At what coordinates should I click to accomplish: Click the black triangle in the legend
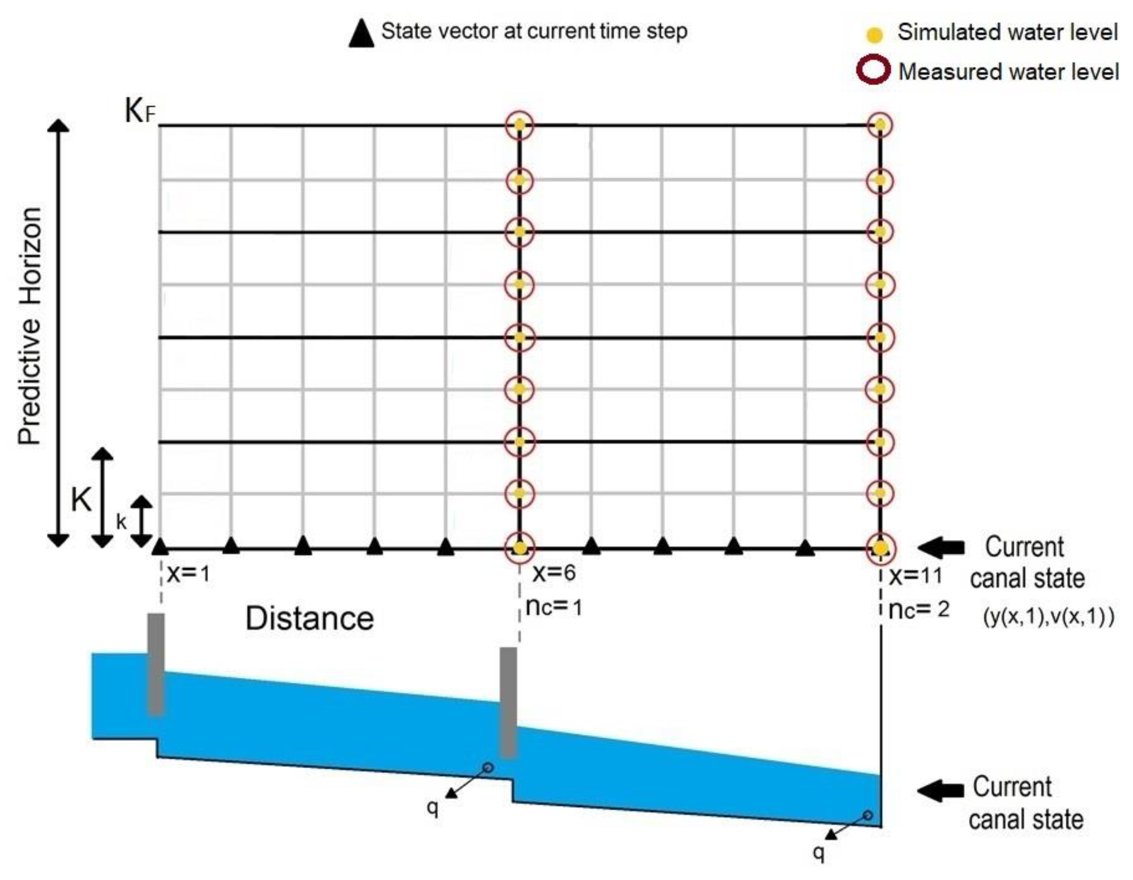pos(361,35)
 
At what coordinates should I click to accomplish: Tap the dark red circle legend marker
pos(874,71)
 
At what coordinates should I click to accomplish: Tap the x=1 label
pos(188,574)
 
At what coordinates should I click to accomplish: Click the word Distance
pos(309,618)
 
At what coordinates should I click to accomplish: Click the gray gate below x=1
pos(156,665)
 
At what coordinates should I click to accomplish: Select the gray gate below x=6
pos(509,702)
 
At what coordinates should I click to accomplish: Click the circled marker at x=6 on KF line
pos(519,125)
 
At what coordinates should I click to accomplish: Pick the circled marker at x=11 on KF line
pos(880,125)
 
